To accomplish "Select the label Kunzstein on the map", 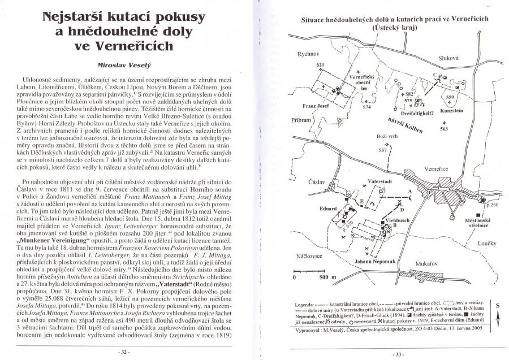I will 451,111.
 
